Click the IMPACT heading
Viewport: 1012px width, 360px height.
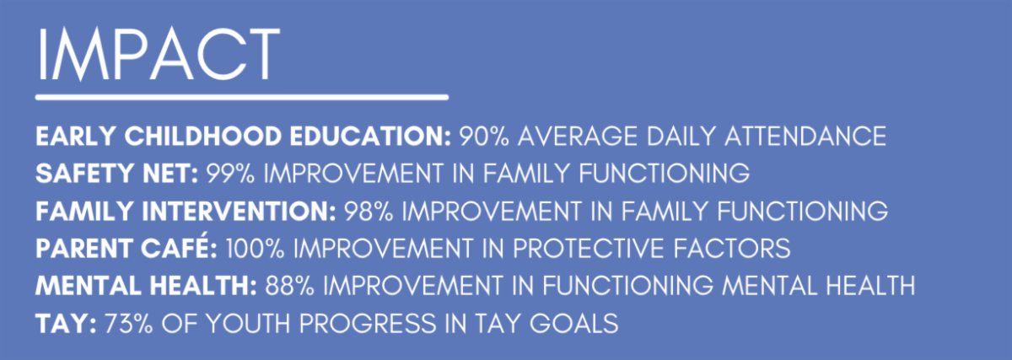pyautogui.click(x=159, y=54)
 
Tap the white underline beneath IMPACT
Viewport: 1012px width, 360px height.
pyautogui.click(x=242, y=97)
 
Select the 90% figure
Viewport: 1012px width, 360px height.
pyautogui.click(x=484, y=136)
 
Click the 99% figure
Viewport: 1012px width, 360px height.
pyautogui.click(x=230, y=174)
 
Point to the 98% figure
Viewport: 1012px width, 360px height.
pyautogui.click(x=369, y=212)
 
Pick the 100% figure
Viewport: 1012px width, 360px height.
pyautogui.click(x=256, y=249)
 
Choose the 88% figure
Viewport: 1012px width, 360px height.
pyautogui.click(x=289, y=286)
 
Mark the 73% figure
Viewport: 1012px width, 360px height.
pyautogui.click(x=129, y=324)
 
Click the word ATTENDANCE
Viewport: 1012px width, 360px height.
pyautogui.click(x=805, y=136)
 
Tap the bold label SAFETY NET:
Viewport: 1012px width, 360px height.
pyautogui.click(x=117, y=174)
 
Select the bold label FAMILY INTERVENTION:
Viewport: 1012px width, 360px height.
pyautogui.click(x=186, y=212)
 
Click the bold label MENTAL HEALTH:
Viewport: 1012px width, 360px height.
pyautogui.click(x=147, y=286)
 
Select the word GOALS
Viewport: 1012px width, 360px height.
pyautogui.click(x=573, y=324)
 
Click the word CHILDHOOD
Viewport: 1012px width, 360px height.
pyautogui.click(x=203, y=136)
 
